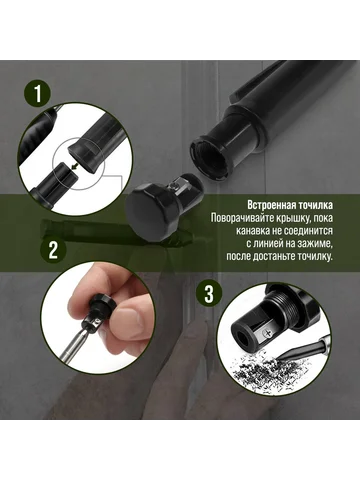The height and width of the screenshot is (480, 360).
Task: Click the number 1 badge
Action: [x=38, y=93]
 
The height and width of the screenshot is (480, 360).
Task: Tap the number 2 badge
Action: [x=53, y=250]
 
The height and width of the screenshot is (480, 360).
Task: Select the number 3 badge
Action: [x=209, y=294]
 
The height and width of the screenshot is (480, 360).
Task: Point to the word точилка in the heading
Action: [x=317, y=205]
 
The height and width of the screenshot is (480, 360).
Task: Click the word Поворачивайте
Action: [x=246, y=218]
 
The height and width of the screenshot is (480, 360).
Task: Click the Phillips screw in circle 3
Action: [x=268, y=332]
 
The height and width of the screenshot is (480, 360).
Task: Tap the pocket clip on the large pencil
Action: [x=252, y=83]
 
